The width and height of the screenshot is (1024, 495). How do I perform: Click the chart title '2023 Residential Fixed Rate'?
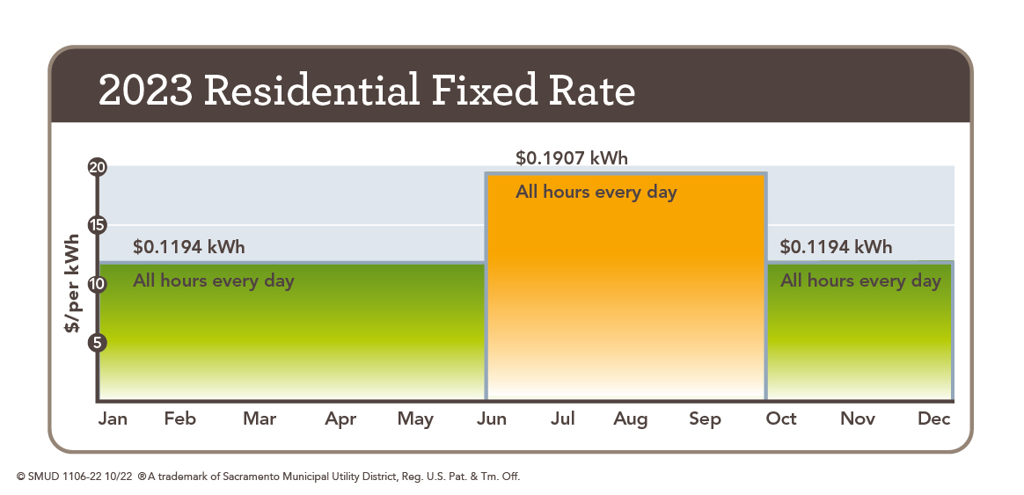coord(367,91)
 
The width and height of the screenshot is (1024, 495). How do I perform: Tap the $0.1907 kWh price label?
coord(571,158)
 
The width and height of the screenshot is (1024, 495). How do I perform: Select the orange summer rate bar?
coord(626,290)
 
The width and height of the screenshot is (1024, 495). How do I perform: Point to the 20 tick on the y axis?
coord(98,166)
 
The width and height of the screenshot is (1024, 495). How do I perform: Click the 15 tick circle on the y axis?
coord(98,225)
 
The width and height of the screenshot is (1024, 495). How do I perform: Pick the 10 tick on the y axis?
coord(98,284)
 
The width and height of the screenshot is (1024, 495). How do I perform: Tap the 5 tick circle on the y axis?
coord(98,343)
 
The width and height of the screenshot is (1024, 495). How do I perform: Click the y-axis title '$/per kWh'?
coord(72,283)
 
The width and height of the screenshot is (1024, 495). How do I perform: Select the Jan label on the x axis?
coord(113,419)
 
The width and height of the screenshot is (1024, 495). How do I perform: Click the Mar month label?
coord(260,419)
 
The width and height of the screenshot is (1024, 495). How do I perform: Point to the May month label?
coord(415,419)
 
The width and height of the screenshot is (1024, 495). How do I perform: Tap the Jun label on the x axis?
coord(492,419)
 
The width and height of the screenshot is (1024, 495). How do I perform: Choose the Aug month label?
coord(631,419)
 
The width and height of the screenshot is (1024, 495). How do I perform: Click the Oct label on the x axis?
coord(781,419)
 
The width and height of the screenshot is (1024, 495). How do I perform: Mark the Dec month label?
coord(933,419)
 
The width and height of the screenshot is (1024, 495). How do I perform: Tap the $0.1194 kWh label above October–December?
coord(836,247)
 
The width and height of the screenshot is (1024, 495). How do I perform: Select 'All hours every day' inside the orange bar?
coord(596,192)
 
